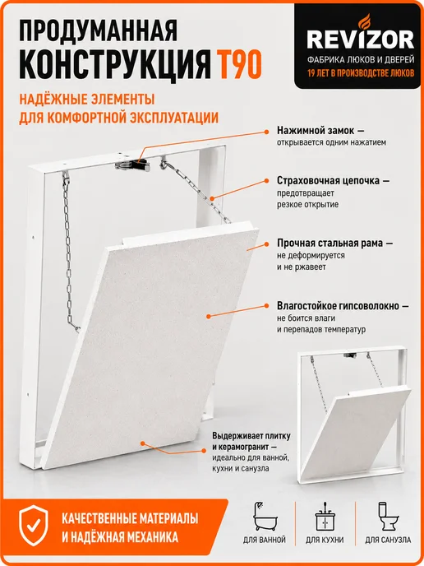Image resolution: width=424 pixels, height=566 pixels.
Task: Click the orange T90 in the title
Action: tap(238, 65)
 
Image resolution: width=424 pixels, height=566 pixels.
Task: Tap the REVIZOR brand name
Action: tap(361, 39)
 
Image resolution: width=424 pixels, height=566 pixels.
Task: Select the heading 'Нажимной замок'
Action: tap(316, 130)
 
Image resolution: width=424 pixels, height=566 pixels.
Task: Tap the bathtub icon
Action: tap(265, 517)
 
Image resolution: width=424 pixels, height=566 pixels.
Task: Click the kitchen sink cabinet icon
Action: tap(325, 517)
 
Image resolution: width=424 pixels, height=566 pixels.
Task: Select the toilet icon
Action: tap(387, 517)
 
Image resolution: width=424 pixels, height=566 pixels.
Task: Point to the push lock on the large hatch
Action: tap(132, 165)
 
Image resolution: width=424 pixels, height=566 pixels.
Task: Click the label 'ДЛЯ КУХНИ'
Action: tap(325, 540)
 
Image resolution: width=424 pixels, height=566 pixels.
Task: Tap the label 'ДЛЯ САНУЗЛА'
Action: tap(388, 540)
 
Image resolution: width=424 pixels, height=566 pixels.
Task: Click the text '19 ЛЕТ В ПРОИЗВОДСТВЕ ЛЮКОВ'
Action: tap(361, 74)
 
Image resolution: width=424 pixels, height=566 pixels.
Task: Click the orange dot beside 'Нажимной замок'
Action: tap(266, 132)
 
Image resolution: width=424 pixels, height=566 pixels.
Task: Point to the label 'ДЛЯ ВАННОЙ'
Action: tap(265, 540)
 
